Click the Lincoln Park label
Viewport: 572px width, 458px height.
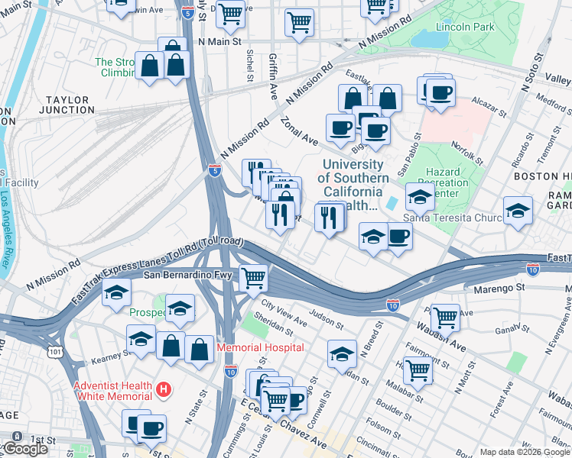click(x=461, y=27)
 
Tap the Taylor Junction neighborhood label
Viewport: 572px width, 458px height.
click(x=69, y=105)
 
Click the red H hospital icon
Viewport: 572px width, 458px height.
click(x=162, y=390)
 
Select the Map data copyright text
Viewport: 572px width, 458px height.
click(x=525, y=452)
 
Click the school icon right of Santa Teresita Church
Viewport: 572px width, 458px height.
click(x=518, y=210)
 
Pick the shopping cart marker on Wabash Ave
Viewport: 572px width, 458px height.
click(x=445, y=317)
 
